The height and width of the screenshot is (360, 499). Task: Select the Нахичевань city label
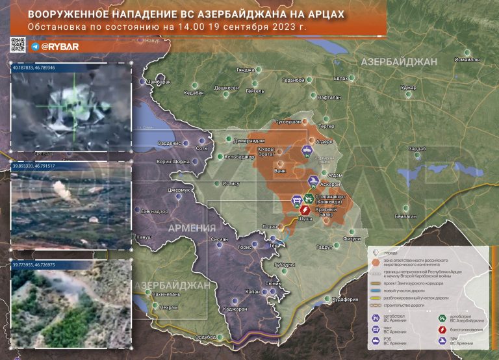(x=165, y=294)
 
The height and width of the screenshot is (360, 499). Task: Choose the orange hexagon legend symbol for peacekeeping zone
(x=376, y=263)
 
